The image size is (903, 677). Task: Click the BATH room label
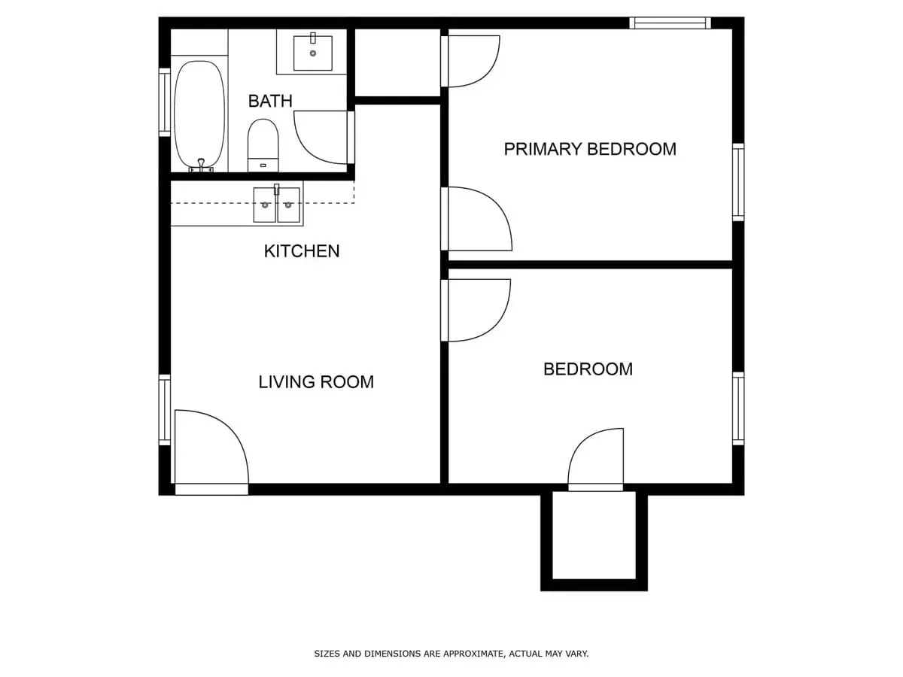click(x=270, y=101)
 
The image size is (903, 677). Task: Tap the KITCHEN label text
click(x=301, y=251)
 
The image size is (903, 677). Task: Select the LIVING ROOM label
click(x=316, y=382)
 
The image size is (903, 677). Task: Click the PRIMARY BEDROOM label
click(x=590, y=149)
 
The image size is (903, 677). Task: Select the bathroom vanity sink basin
click(x=312, y=53)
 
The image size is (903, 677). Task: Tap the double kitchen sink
click(x=276, y=205)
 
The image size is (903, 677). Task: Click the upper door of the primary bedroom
click(x=471, y=61)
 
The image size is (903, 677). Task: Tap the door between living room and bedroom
click(x=476, y=309)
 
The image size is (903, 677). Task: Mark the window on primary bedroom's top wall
click(x=670, y=23)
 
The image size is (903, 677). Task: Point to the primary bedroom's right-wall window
click(x=738, y=182)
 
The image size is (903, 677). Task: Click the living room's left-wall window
click(x=164, y=410)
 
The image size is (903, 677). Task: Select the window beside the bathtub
click(x=164, y=102)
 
